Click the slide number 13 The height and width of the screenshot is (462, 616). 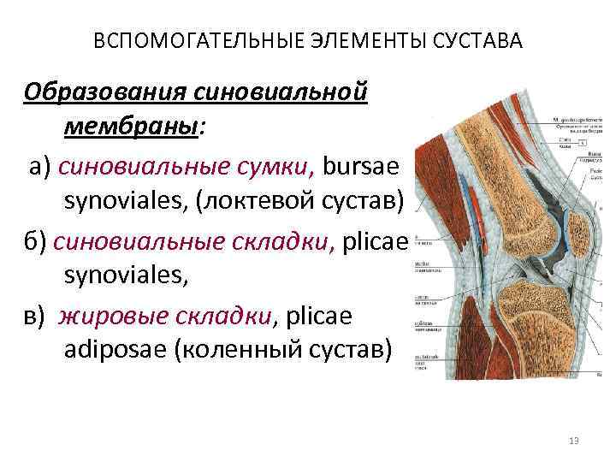[x=573, y=441]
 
